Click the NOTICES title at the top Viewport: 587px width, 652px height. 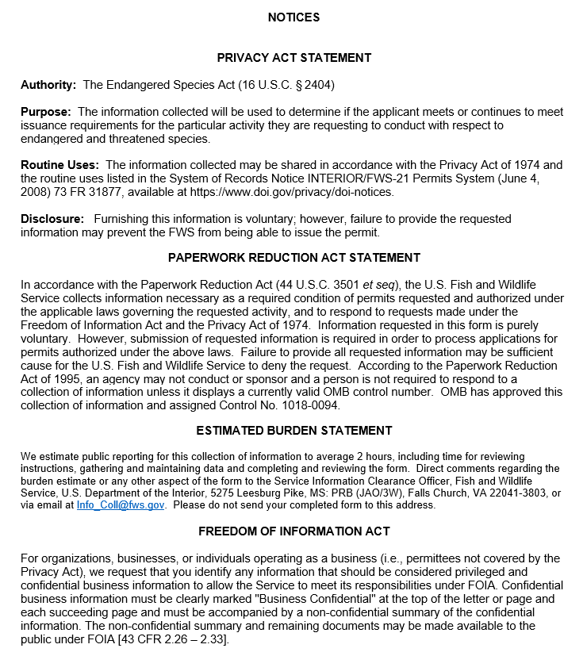293,17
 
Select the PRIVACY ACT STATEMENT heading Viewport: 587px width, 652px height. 293,58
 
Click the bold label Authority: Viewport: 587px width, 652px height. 48,85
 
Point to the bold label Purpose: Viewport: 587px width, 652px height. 46,112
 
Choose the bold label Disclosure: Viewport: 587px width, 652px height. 52,218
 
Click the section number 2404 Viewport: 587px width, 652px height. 330,85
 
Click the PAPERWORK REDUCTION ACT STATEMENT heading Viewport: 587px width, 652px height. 293,258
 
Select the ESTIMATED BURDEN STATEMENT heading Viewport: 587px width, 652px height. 293,431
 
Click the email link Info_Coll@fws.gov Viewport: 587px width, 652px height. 121,505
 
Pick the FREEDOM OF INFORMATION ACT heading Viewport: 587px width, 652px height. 293,531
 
